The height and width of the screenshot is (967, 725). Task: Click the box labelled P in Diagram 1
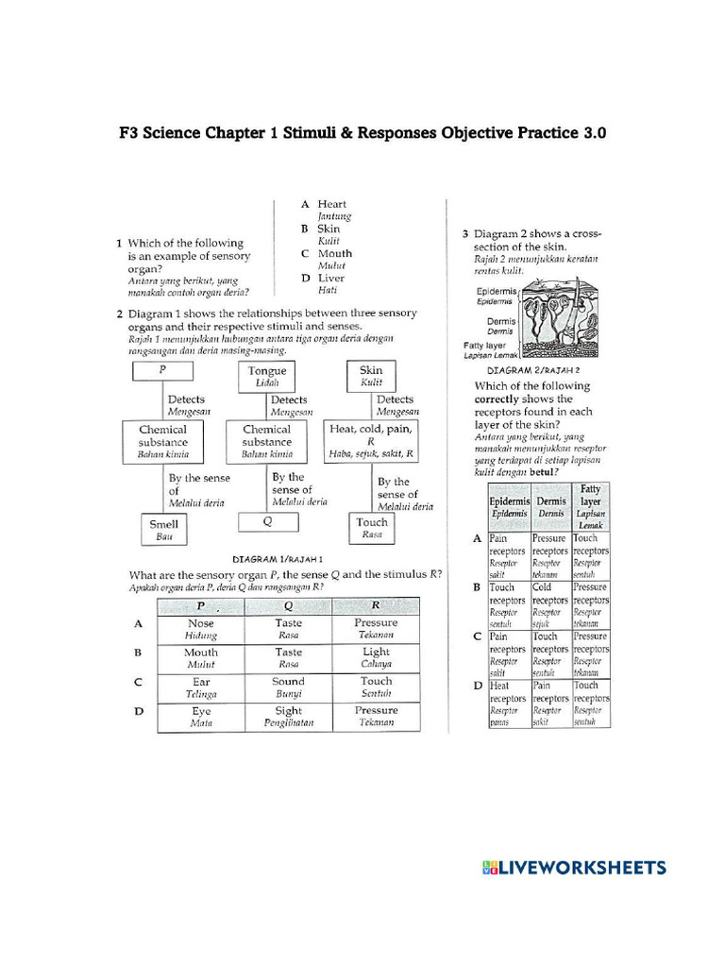click(163, 371)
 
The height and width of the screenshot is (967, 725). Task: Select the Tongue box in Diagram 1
click(267, 376)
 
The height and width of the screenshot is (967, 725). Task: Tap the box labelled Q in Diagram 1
click(267, 520)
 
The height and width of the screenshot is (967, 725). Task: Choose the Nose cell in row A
click(200, 629)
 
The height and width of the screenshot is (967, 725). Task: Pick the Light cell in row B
click(376, 658)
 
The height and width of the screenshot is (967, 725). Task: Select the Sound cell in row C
click(288, 687)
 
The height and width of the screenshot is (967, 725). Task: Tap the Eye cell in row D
click(200, 716)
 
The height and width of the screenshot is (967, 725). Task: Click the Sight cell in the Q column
click(288, 716)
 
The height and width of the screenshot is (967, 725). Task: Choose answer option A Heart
click(325, 210)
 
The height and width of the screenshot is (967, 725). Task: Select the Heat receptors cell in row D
click(508, 704)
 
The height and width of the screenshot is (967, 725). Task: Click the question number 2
click(120, 314)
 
